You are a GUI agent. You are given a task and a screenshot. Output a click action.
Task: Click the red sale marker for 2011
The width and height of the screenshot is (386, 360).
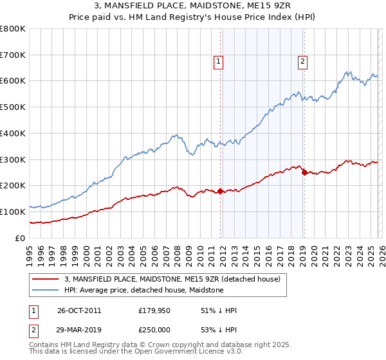(x=220, y=191)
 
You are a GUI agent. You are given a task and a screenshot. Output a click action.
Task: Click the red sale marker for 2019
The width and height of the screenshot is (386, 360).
(x=304, y=172)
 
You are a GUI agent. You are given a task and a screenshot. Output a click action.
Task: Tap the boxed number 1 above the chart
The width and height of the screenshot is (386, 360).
(x=219, y=62)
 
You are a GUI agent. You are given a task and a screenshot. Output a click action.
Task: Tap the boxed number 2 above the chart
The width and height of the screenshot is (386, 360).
(x=302, y=62)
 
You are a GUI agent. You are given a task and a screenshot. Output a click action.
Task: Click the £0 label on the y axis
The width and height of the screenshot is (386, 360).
(x=21, y=238)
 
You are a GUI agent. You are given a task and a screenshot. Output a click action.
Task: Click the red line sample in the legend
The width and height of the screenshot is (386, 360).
(x=46, y=280)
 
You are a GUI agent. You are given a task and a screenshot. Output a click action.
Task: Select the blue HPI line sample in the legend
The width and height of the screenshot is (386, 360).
(x=46, y=291)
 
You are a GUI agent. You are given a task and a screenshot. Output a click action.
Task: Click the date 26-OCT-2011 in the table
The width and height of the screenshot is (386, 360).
(x=79, y=310)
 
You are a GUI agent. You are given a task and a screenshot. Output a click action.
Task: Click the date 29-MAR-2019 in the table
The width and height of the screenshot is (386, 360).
(x=79, y=330)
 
